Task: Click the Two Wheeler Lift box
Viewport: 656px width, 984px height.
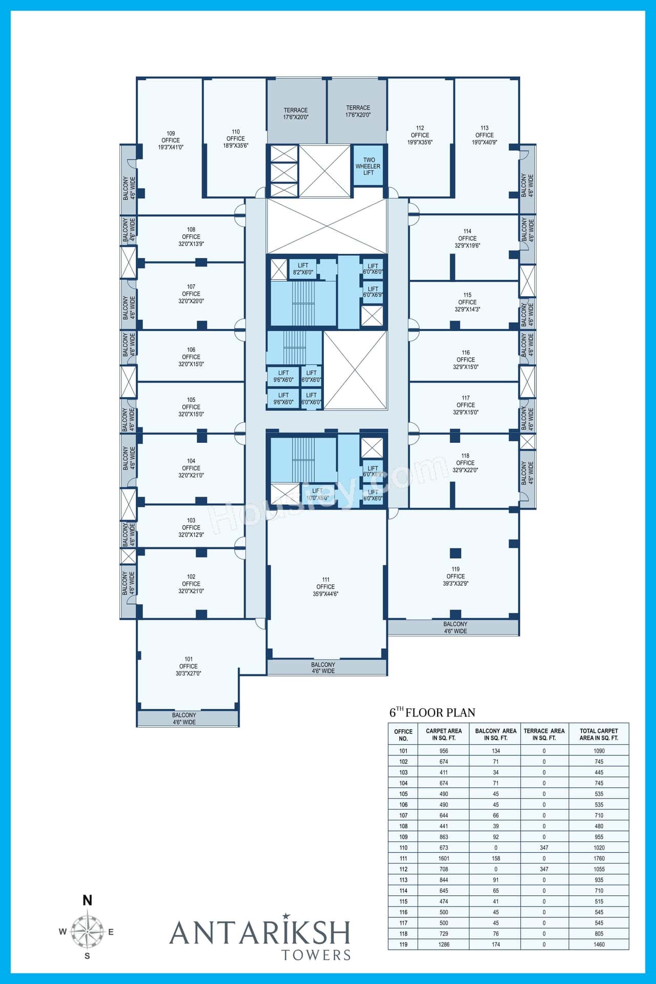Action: click(368, 167)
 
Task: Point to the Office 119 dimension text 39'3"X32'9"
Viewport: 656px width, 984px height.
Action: click(455, 583)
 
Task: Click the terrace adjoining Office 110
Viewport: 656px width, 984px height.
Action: click(296, 113)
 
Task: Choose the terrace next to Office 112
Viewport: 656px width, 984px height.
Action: click(358, 111)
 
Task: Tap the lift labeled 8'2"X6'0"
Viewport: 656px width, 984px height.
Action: click(303, 269)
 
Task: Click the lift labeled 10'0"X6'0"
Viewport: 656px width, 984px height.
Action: click(317, 495)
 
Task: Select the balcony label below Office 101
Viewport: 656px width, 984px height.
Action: click(184, 719)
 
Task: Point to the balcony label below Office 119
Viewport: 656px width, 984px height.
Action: click(455, 627)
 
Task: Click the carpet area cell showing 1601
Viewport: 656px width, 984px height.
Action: click(444, 858)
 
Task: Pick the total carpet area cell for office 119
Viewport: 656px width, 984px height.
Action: click(599, 944)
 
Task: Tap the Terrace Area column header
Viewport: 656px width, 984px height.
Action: click(544, 734)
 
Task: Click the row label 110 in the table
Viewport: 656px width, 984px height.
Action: click(403, 847)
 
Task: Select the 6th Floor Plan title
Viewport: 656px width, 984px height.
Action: click(433, 712)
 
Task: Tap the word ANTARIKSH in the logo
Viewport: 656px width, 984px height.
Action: click(260, 932)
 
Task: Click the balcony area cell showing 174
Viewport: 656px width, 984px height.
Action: click(495, 944)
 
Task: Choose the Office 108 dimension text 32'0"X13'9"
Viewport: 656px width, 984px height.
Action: click(191, 244)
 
